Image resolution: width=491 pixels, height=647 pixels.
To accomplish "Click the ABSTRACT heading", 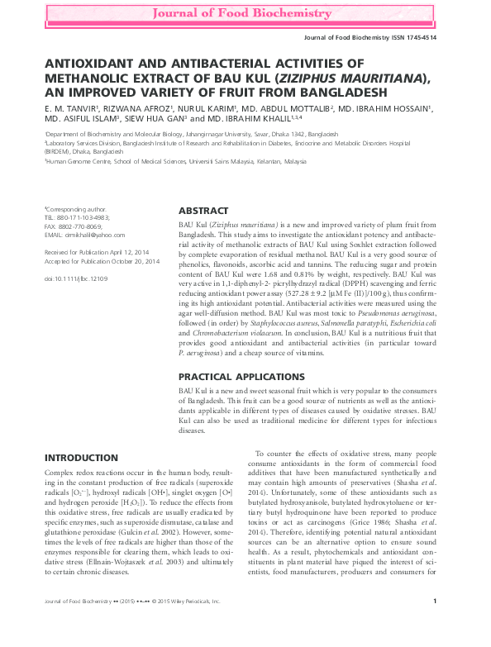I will point(203,211).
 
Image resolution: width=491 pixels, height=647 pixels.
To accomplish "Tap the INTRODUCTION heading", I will point(80,458).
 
